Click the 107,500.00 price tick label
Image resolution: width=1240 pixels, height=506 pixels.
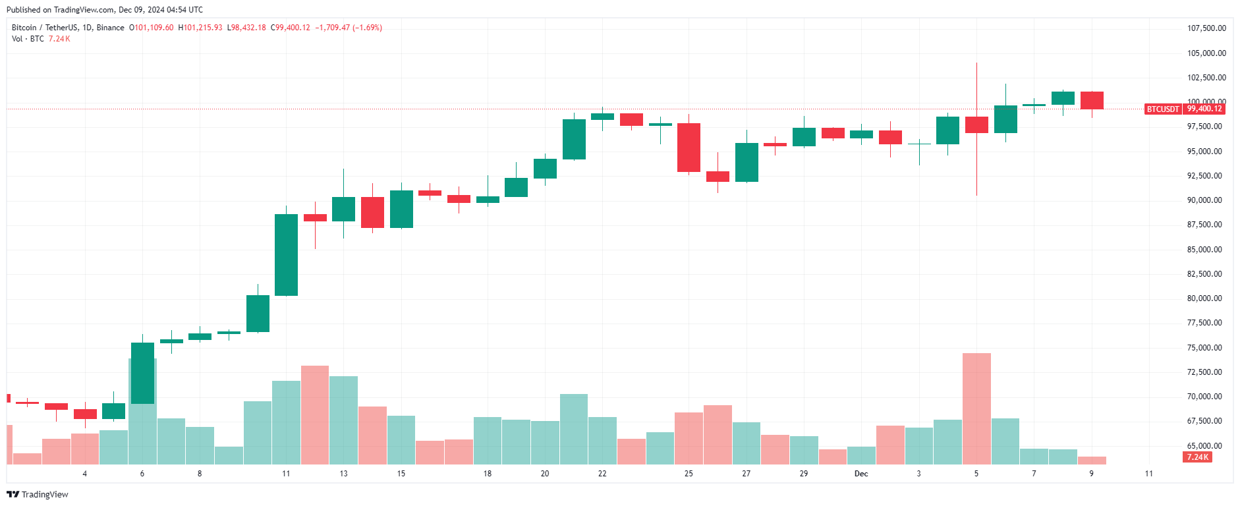click(1206, 28)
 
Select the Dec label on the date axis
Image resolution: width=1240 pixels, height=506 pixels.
click(861, 474)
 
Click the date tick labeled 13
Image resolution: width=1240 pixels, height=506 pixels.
click(343, 474)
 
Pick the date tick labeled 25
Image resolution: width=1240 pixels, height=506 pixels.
click(689, 474)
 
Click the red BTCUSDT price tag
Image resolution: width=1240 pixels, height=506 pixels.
click(1163, 109)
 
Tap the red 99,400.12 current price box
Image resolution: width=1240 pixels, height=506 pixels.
click(1204, 109)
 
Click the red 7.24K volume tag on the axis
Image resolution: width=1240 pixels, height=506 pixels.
click(1198, 457)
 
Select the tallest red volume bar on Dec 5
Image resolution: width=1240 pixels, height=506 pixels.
click(976, 408)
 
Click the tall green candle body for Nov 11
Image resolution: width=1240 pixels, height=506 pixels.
click(286, 255)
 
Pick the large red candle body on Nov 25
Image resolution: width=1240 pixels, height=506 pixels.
click(689, 148)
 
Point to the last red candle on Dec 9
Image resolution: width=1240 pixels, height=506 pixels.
click(1092, 100)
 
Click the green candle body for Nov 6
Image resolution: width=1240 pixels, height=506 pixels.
click(142, 373)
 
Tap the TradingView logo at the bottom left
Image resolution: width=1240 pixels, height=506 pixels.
click(38, 494)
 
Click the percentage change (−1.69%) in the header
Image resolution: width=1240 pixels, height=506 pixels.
click(367, 28)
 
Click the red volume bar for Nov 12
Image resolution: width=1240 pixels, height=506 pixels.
click(315, 415)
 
